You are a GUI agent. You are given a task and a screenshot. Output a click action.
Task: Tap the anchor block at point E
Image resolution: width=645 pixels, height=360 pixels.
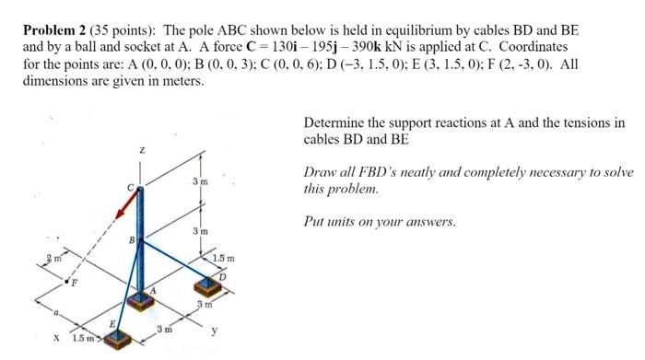tap(117, 340)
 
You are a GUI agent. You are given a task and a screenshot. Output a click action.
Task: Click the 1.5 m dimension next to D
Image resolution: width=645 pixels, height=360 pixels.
tap(224, 257)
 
